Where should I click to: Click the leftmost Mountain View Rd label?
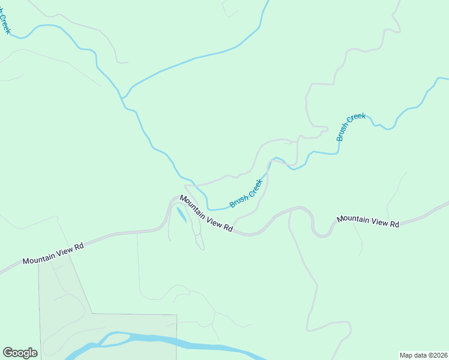(53, 252)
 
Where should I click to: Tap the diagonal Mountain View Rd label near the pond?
(206, 214)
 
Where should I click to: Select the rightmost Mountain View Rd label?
(368, 221)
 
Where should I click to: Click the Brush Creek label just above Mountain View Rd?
(247, 193)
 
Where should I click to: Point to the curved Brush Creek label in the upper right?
(351, 127)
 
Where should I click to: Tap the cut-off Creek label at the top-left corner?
(5, 21)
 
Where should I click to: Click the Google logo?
(20, 353)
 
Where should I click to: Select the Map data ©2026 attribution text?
(423, 355)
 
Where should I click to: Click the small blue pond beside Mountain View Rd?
(181, 215)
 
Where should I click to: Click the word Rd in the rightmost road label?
(394, 224)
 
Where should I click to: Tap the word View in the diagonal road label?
(213, 220)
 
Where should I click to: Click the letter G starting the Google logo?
(8, 353)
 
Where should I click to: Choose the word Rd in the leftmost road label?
(78, 247)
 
